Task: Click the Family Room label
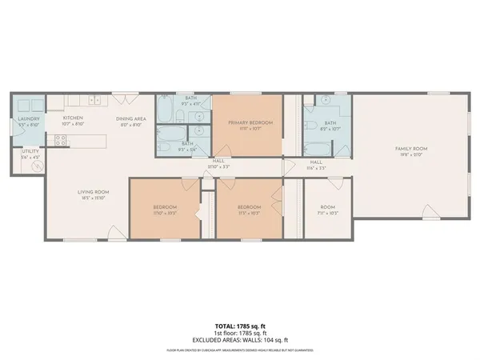(410, 149)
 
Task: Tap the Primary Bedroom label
(250, 122)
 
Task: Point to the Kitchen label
(74, 118)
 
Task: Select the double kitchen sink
(94, 101)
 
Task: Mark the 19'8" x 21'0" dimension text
(410, 155)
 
